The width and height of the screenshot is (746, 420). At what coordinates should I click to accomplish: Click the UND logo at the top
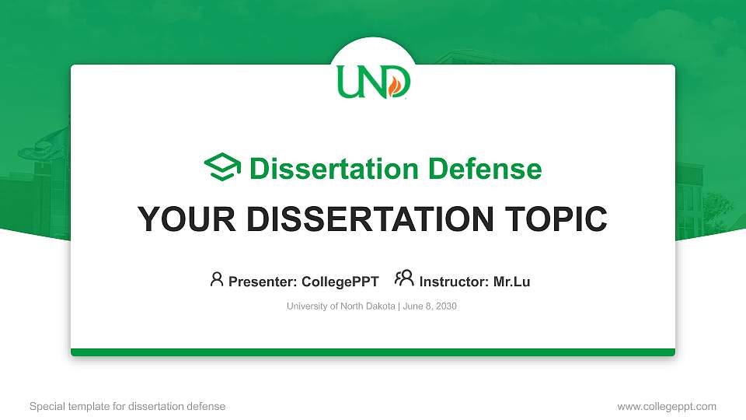(373, 81)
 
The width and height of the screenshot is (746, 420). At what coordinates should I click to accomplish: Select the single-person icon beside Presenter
(217, 279)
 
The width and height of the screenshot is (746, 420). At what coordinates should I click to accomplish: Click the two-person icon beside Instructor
(404, 278)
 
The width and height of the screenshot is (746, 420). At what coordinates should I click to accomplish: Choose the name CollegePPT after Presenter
(340, 282)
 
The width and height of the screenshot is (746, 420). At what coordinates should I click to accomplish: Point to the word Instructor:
(454, 282)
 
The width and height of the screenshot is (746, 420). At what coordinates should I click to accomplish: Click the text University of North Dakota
(341, 306)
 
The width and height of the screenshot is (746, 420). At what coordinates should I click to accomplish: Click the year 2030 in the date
(446, 306)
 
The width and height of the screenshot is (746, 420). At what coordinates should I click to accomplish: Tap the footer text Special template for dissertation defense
(127, 406)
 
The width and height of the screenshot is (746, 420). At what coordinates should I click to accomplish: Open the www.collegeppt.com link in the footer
(666, 406)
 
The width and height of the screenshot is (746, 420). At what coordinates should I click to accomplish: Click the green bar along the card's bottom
(373, 352)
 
